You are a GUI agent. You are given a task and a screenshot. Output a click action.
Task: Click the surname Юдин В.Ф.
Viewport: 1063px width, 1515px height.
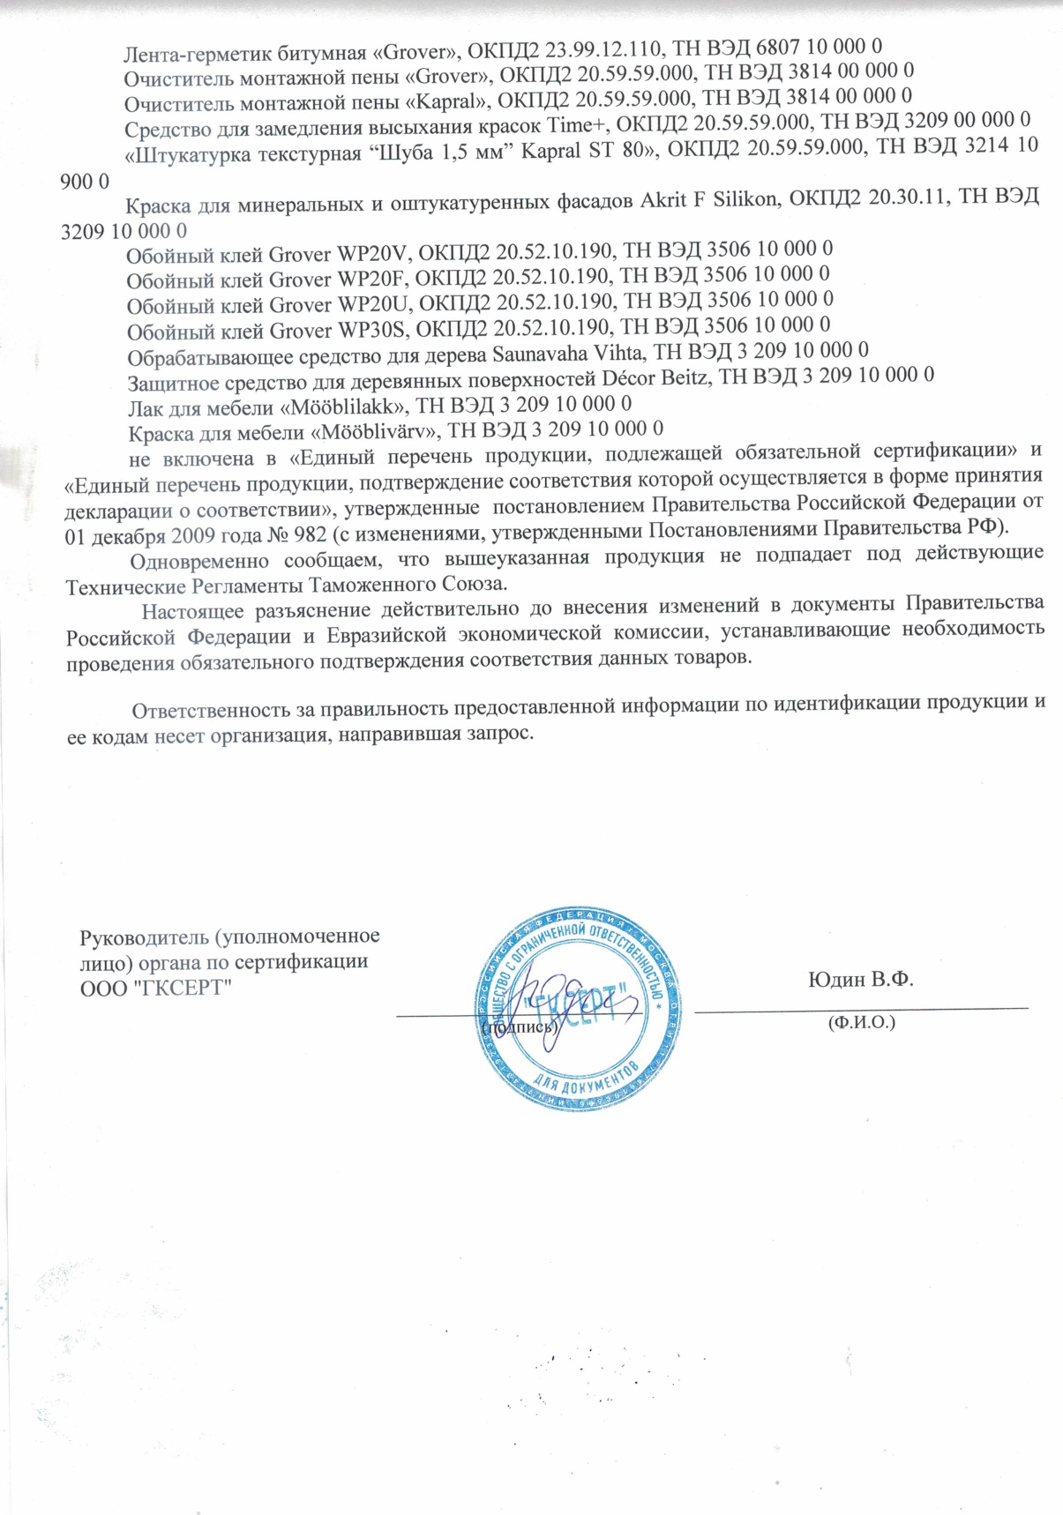pyautogui.click(x=860, y=980)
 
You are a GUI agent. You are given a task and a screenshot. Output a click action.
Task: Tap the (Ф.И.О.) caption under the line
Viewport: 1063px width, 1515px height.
pyautogui.click(x=861, y=1022)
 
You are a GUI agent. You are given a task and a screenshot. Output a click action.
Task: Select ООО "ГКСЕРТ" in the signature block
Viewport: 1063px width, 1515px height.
pyautogui.click(x=155, y=988)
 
